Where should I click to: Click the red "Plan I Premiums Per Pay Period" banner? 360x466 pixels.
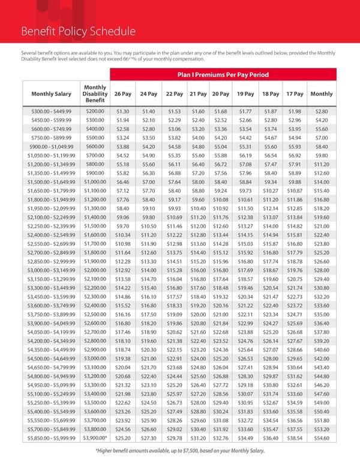click(x=221, y=75)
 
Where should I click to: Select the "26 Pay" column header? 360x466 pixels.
click(x=122, y=94)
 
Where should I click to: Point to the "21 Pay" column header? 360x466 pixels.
click(x=198, y=94)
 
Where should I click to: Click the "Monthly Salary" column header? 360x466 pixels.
click(x=50, y=94)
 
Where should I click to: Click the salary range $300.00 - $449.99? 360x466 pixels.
click(x=50, y=111)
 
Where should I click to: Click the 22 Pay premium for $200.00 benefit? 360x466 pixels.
click(x=173, y=111)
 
